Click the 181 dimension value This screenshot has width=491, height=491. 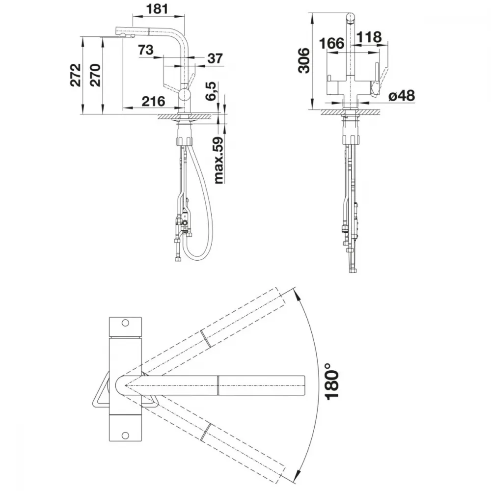point(157,9)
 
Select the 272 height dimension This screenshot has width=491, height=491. point(76,75)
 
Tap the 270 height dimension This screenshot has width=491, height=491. point(95,75)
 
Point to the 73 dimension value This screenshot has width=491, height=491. point(146,50)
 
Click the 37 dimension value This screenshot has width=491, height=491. point(215,58)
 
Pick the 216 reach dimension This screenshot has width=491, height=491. point(153,101)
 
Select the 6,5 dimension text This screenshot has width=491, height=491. point(211,91)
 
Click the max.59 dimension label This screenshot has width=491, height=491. point(219,161)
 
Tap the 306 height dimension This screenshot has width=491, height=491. point(304,60)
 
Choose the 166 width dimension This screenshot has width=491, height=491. point(331,43)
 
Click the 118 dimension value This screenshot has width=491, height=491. point(369,37)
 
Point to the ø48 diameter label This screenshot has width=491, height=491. point(402,96)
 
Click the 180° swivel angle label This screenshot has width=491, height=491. point(332,382)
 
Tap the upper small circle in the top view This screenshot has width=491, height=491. point(125,323)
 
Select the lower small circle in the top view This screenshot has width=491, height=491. point(125,435)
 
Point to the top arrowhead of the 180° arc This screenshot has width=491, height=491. point(295,292)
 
